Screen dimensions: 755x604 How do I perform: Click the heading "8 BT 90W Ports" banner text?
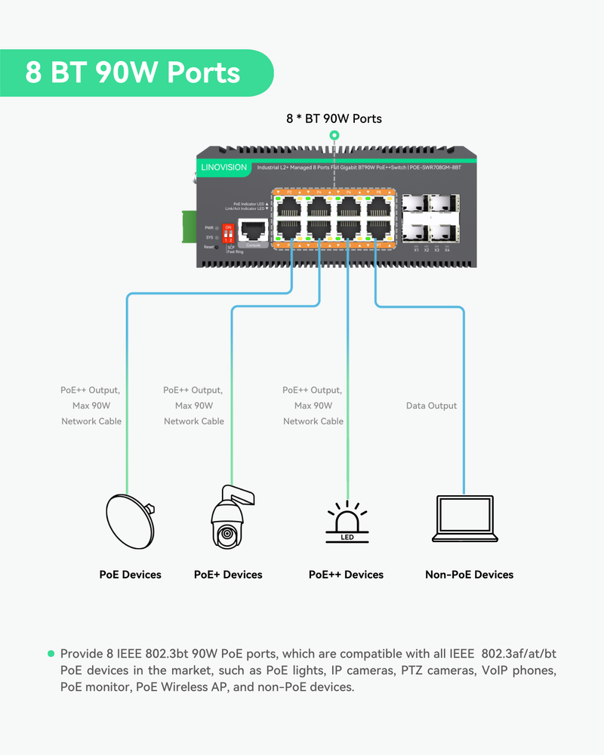(133, 72)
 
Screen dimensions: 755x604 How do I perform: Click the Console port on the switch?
(253, 230)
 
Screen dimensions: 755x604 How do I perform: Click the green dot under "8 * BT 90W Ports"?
(334, 135)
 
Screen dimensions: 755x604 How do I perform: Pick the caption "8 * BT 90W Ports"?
(334, 119)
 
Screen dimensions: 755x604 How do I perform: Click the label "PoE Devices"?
(131, 575)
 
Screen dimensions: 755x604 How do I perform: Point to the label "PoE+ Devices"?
(228, 575)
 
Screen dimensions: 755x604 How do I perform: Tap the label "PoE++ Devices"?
(346, 575)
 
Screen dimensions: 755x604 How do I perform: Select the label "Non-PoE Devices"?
(469, 575)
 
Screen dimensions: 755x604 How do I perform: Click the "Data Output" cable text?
(431, 406)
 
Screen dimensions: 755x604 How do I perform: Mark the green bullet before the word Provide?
(51, 653)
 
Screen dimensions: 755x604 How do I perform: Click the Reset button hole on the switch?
(217, 247)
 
